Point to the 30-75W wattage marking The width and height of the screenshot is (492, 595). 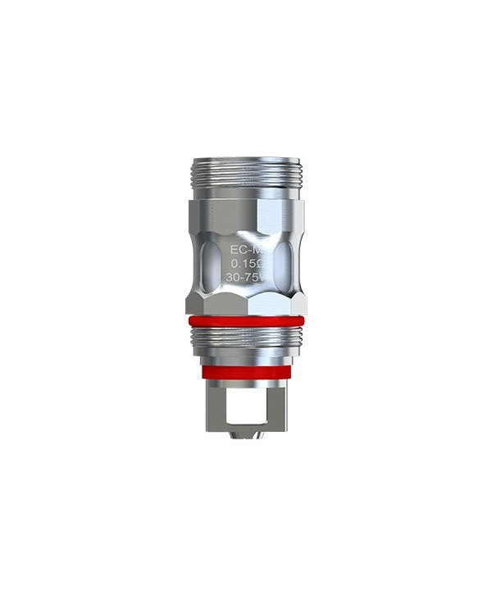(243, 277)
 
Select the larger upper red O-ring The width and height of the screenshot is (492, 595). (246, 321)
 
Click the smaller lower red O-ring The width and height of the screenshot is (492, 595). (246, 371)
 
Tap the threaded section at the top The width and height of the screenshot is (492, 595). (246, 177)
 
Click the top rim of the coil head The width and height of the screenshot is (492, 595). (246, 158)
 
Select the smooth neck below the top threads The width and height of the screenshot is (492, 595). (246, 194)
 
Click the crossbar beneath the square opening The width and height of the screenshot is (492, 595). (245, 423)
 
